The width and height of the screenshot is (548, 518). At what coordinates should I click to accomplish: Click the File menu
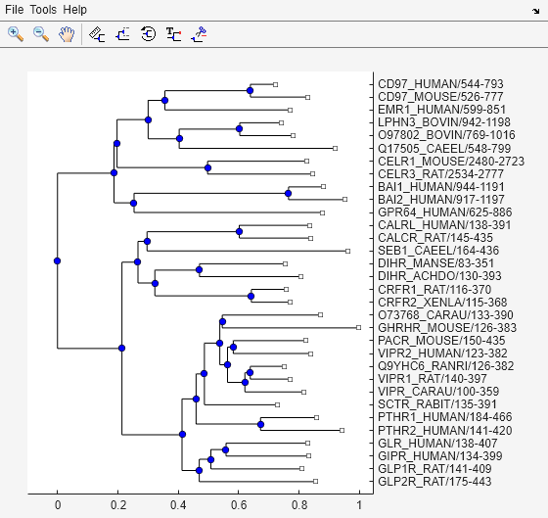pos(15,9)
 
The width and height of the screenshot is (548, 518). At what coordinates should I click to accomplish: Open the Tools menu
pos(43,9)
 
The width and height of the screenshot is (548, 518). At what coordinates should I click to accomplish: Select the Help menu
pos(74,9)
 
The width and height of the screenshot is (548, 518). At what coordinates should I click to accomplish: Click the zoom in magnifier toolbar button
pos(16,33)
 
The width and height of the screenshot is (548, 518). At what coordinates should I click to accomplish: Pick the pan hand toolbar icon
pos(67,33)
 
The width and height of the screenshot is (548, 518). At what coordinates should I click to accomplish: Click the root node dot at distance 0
pos(58,260)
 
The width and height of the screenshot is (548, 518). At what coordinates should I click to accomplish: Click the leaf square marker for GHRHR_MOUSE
pos(358,327)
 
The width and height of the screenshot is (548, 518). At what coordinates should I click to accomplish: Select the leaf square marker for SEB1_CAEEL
pos(346,251)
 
